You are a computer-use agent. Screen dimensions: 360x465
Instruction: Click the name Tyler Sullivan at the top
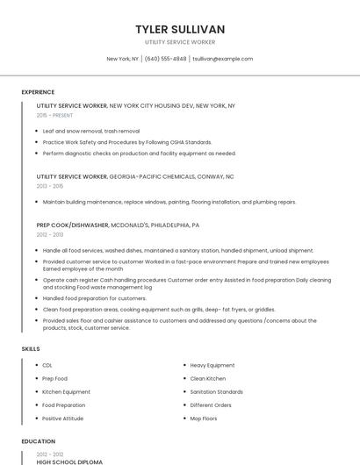tap(180, 29)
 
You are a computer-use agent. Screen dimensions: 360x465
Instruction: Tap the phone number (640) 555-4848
tap(166, 59)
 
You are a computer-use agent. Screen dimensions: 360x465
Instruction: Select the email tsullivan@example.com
tap(222, 59)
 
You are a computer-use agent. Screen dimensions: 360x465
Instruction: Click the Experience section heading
tap(38, 92)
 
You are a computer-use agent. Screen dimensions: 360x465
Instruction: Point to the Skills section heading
tap(31, 349)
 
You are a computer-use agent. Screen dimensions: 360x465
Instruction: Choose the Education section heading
tap(38, 441)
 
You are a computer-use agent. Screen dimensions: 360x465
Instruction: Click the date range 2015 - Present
tap(54, 115)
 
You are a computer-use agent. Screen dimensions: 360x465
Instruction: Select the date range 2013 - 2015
tap(50, 186)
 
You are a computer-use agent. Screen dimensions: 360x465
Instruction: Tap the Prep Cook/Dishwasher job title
tap(73, 225)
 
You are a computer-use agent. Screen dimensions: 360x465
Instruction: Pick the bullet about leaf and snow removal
tap(91, 131)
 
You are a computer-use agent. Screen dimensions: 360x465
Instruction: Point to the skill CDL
tap(47, 365)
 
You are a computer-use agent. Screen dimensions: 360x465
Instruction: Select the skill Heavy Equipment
tap(212, 365)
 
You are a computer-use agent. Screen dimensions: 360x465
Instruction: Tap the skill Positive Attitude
tap(63, 418)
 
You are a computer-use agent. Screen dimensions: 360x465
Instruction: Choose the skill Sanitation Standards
tap(217, 391)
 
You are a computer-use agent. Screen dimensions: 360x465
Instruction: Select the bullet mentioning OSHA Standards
tap(127, 141)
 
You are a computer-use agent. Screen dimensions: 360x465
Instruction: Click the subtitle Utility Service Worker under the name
tap(180, 42)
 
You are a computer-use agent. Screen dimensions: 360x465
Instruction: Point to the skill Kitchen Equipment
tap(66, 391)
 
